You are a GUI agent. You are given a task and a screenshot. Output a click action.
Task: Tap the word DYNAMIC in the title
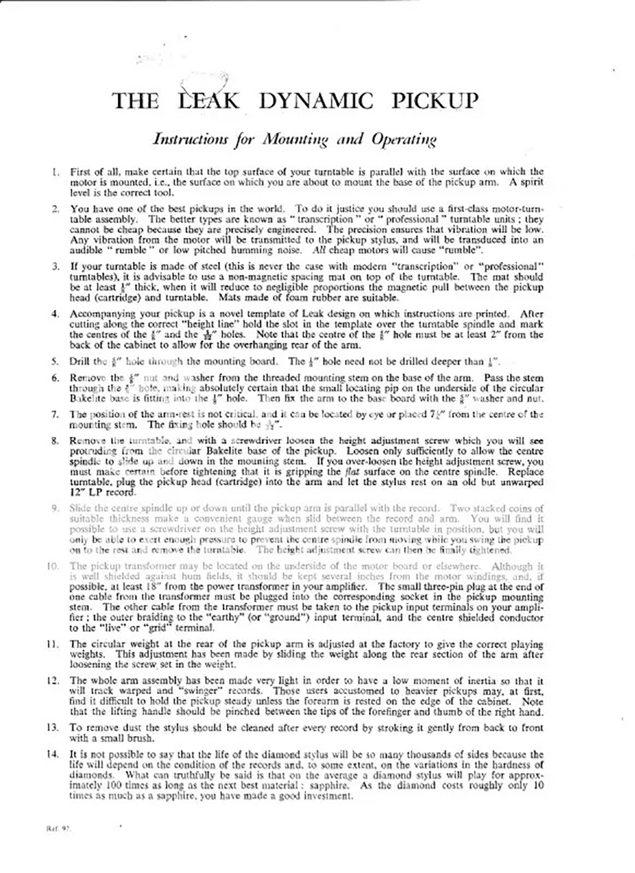tap(315, 101)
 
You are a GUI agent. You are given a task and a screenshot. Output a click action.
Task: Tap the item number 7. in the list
tap(56, 414)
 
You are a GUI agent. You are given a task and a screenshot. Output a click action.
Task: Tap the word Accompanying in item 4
tap(99, 313)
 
